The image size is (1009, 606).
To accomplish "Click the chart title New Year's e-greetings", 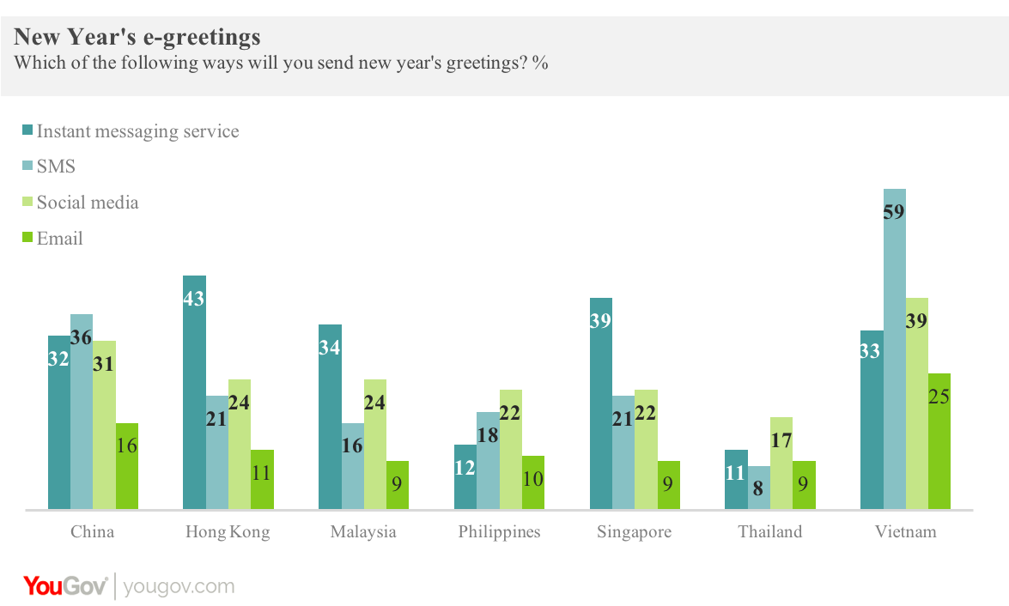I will pyautogui.click(x=137, y=37).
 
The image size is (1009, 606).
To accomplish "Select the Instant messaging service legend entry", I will pyautogui.click(x=137, y=131).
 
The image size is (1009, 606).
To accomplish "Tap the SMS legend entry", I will pyautogui.click(x=56, y=167).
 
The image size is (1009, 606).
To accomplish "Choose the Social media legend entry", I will pyautogui.click(x=87, y=203).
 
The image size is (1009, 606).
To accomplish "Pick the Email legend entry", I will pyautogui.click(x=59, y=239).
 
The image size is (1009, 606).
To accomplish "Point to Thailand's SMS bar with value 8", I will pyautogui.click(x=759, y=488).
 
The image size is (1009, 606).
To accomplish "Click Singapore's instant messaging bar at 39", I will pyautogui.click(x=601, y=403).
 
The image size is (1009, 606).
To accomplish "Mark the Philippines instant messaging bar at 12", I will pyautogui.click(x=465, y=477).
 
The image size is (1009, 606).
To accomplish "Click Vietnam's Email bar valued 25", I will pyautogui.click(x=939, y=441).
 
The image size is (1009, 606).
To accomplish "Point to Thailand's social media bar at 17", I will pyautogui.click(x=781, y=464).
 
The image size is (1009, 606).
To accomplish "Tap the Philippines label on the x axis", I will pyautogui.click(x=499, y=532).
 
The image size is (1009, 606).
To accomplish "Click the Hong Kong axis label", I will pyautogui.click(x=228, y=532).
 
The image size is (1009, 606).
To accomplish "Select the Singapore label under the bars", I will pyautogui.click(x=634, y=532).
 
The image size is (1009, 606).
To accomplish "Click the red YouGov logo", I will pyautogui.click(x=65, y=586).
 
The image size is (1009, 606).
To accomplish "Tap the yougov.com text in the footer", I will pyautogui.click(x=179, y=587).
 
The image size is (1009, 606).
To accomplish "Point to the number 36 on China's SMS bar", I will pyautogui.click(x=82, y=338).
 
